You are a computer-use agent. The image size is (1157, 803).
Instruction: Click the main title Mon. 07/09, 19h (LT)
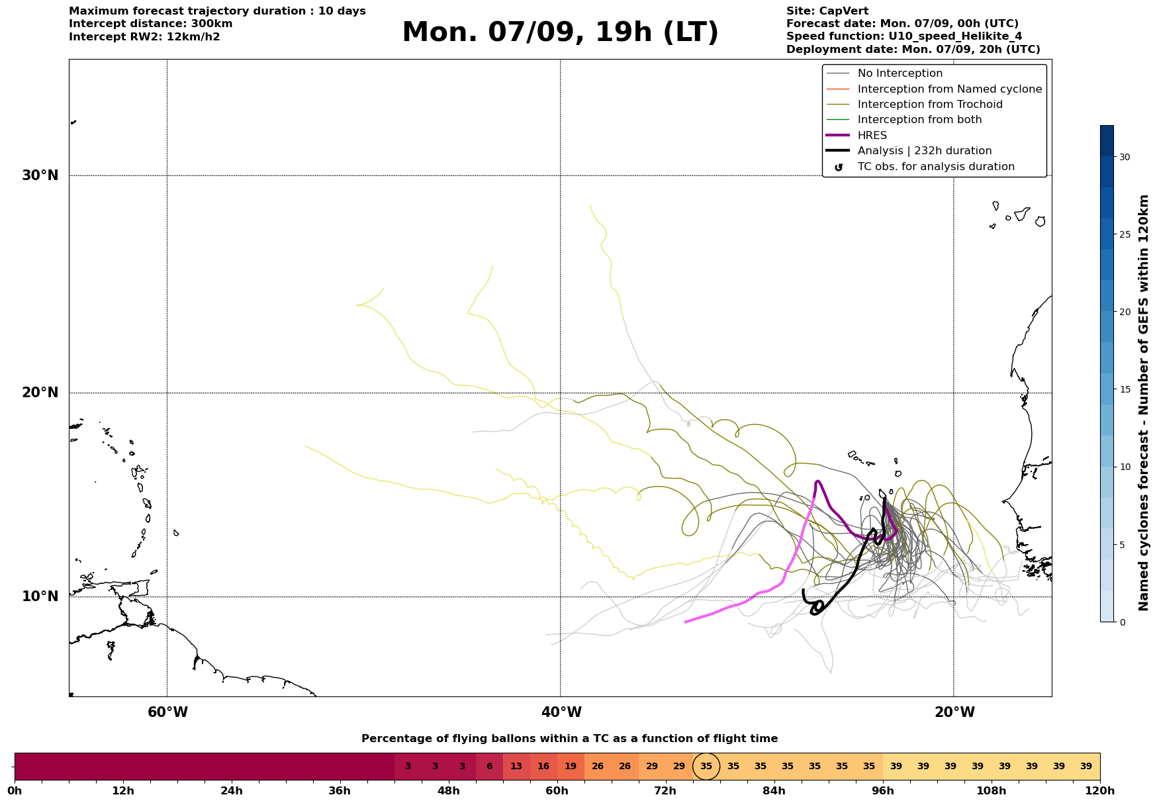[x=560, y=32]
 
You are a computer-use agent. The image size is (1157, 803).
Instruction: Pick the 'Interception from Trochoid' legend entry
[x=914, y=105]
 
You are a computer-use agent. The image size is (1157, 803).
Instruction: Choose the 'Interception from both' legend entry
[x=904, y=120]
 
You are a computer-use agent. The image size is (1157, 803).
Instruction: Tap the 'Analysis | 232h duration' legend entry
[x=909, y=151]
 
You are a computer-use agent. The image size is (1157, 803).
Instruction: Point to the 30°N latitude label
[x=40, y=175]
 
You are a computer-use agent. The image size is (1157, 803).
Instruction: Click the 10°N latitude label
[x=40, y=596]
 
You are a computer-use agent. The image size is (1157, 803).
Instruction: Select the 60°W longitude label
[x=167, y=712]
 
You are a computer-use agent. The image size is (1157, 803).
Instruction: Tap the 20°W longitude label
[x=954, y=712]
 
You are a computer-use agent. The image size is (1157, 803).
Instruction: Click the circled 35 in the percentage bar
[x=706, y=767]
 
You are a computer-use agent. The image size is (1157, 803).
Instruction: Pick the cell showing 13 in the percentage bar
[x=516, y=767]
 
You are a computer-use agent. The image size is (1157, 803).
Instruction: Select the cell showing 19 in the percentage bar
[x=571, y=767]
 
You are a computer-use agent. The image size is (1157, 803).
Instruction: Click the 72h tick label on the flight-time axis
[x=665, y=791]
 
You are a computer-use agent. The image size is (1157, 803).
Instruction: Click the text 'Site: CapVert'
[x=827, y=11]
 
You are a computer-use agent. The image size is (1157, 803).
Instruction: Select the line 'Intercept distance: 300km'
[x=151, y=24]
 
